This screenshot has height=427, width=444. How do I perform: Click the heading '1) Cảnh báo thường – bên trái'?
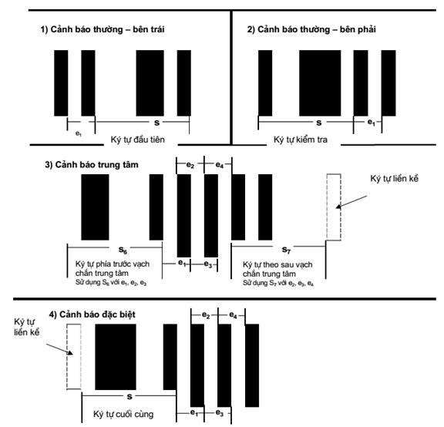(x=103, y=29)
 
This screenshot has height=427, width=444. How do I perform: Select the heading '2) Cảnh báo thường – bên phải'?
(x=311, y=29)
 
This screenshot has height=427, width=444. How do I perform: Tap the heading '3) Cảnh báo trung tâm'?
(x=92, y=165)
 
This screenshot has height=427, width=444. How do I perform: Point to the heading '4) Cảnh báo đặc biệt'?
(x=92, y=314)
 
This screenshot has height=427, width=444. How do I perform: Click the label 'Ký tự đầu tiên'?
(x=138, y=140)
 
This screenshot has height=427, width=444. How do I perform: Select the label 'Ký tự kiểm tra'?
(x=301, y=140)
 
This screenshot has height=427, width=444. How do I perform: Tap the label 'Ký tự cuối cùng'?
(x=123, y=414)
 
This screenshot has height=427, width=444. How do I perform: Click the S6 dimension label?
(x=123, y=250)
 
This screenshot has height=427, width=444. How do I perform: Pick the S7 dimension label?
(x=286, y=250)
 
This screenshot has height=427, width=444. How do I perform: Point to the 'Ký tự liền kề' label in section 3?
(x=394, y=179)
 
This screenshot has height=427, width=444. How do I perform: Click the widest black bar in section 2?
(x=320, y=83)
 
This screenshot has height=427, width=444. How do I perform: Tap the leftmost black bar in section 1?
(x=61, y=83)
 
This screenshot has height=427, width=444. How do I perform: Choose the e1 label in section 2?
(x=372, y=123)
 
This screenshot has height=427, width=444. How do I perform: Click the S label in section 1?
(x=156, y=123)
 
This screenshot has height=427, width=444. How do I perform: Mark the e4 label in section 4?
(x=233, y=315)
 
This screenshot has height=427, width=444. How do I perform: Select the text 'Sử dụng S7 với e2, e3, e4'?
(x=278, y=283)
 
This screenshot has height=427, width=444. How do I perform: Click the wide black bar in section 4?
(x=116, y=357)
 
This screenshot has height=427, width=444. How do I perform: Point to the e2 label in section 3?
(x=190, y=165)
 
